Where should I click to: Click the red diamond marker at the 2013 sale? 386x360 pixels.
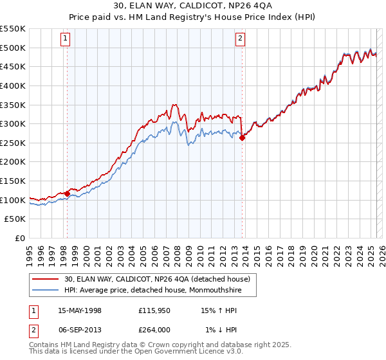pos(243,137)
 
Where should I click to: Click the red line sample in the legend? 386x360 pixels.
pos(46,278)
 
